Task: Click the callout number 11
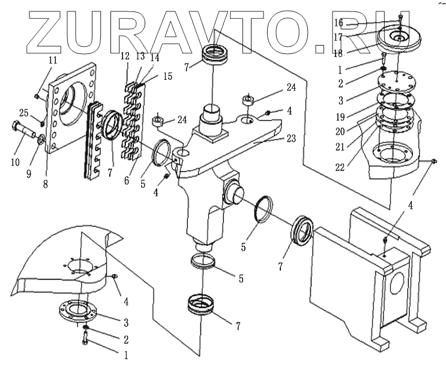(x=53, y=60)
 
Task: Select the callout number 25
(x=23, y=113)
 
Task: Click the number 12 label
(x=125, y=56)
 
